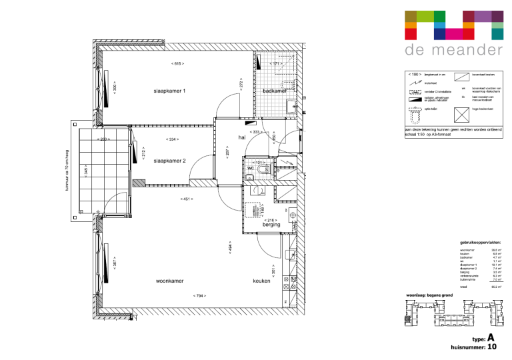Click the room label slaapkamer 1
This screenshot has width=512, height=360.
pos(169,90)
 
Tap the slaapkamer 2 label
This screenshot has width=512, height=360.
pos(169,161)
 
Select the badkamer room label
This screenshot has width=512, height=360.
pos(275,90)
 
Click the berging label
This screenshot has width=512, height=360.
pos(271,225)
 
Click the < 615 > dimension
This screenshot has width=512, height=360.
pos(177,64)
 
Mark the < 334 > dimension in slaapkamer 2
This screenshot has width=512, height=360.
pos(173,139)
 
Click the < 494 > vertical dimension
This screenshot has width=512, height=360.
pos(230,248)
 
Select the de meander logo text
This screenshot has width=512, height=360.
pos(453,50)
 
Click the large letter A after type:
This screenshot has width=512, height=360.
pos(491,338)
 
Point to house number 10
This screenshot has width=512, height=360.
pos(492,347)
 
